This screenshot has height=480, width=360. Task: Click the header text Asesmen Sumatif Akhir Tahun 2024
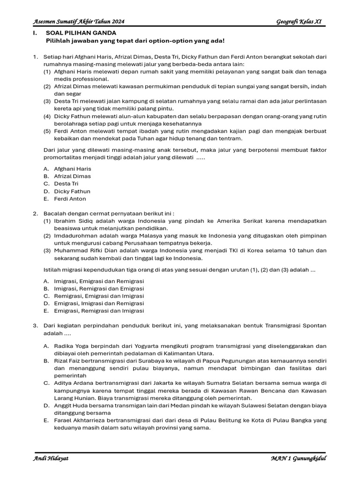click(79, 22)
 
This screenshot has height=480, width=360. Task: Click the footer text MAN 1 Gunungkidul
click(298, 458)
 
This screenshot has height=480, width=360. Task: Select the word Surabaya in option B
click(135, 361)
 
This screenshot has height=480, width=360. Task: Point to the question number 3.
click(35, 325)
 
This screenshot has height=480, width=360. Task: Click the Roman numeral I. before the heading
click(35, 33)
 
